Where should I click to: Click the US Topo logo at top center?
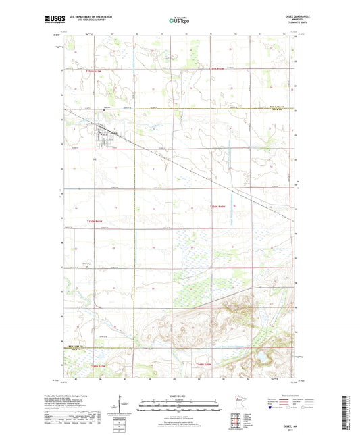(178, 21)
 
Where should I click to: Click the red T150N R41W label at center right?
(220, 205)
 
